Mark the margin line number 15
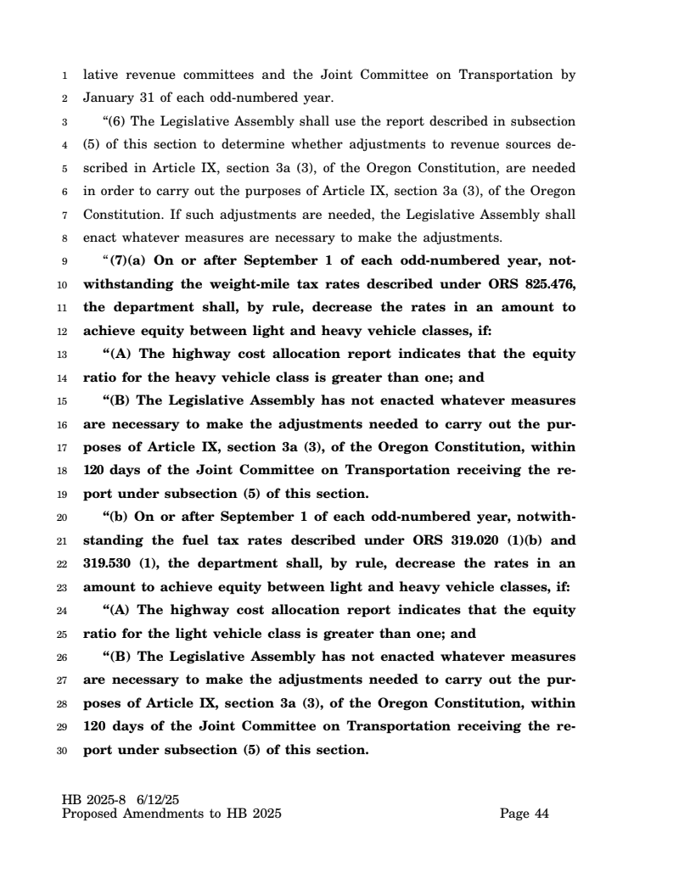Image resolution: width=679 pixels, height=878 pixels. (x=62, y=400)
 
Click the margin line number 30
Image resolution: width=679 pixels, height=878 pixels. (x=62, y=750)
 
